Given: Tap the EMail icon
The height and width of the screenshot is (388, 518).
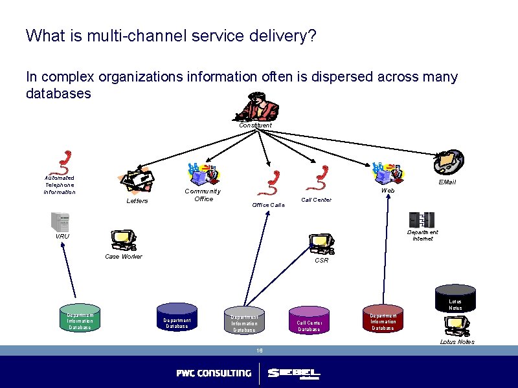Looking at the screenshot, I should pos(449,161).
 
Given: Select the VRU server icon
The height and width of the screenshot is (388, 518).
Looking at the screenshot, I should pos(61,222).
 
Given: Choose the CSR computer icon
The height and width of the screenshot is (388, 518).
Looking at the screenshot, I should pos(321,244).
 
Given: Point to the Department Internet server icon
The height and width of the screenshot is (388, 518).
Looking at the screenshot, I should pos(422,220).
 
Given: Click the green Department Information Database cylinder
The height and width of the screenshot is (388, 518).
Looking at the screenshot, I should pos(80,318).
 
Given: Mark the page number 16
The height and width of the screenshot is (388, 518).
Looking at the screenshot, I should pos(259,350).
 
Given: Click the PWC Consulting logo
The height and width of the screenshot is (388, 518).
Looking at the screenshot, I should pos(214,373).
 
